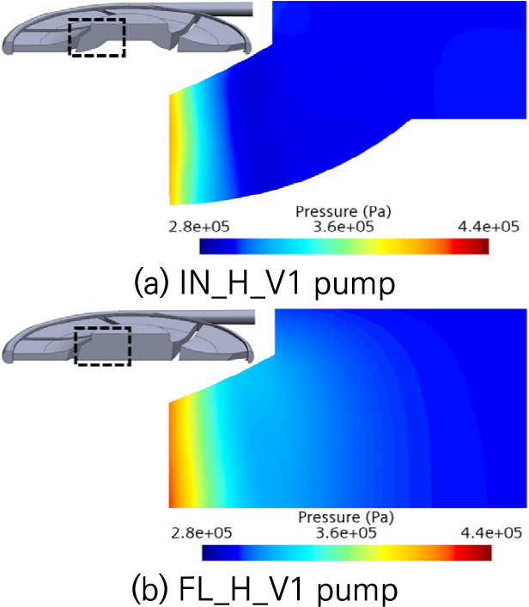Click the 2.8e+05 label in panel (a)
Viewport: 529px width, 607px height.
point(199,227)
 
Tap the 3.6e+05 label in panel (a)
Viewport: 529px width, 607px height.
point(344,227)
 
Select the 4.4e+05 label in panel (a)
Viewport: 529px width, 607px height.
point(489,227)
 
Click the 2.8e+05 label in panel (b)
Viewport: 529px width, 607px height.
point(201,533)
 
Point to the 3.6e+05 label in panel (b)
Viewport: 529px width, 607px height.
point(346,533)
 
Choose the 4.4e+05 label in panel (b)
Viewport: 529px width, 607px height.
point(491,533)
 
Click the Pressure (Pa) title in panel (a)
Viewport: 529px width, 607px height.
point(344,212)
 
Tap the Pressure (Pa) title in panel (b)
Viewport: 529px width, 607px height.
point(346,518)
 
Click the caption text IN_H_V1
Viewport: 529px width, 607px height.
point(240,284)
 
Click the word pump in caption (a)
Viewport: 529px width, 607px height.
point(355,287)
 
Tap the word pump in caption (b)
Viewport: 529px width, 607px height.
point(357,592)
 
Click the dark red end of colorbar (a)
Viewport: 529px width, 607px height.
point(480,246)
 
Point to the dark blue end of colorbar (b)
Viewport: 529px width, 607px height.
point(211,552)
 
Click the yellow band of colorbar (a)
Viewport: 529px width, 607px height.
point(381,246)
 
